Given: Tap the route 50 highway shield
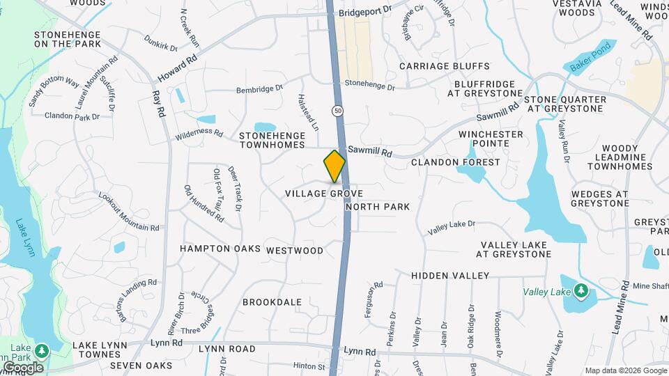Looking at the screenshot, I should tap(338, 110).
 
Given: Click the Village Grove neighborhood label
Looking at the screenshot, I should tap(324, 192).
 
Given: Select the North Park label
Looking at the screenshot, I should tap(377, 207).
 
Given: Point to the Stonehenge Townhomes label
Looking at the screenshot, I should tap(272, 139).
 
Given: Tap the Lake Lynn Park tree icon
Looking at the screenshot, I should tap(43, 350).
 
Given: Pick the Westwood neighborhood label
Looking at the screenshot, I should tap(295, 251).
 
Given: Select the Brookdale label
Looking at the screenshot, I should tap(272, 302).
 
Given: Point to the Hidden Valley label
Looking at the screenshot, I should tap(449, 276).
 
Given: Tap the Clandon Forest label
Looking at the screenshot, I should tap(455, 162).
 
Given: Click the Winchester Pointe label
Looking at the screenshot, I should tap(491, 139).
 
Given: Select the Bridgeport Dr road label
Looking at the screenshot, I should tap(366, 13).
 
